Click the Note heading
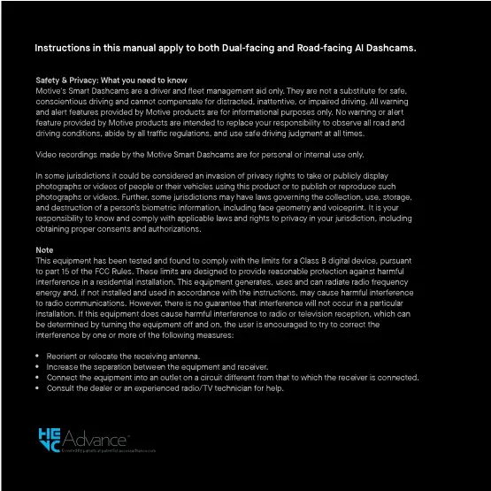pos(44,250)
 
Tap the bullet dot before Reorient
pos(38,355)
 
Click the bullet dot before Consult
pos(38,387)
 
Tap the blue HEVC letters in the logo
pos(50,441)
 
